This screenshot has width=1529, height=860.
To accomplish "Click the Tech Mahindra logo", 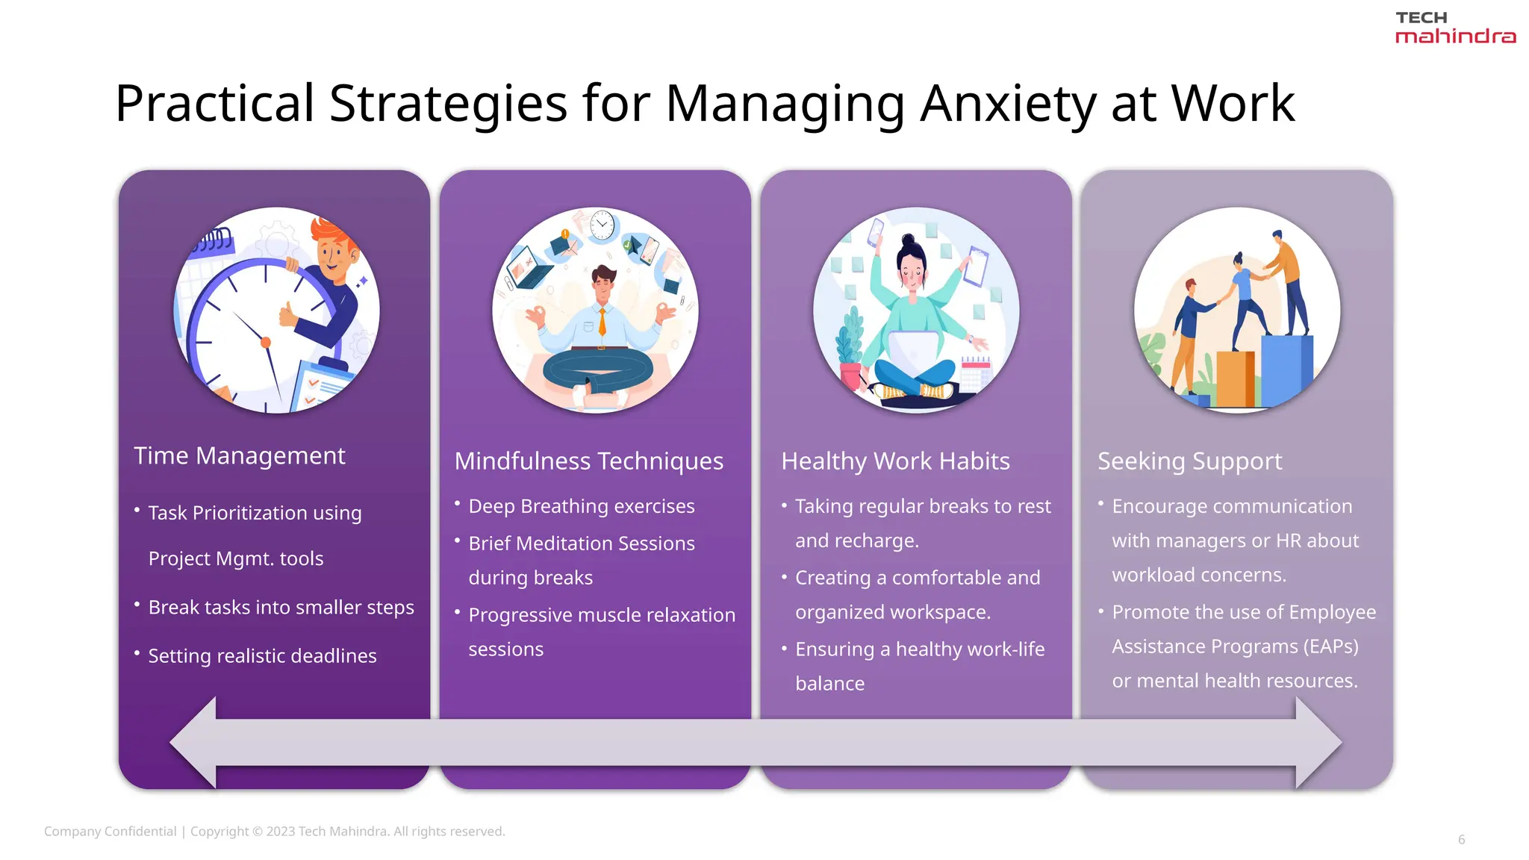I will tap(1454, 28).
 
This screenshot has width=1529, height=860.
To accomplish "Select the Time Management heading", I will tap(239, 455).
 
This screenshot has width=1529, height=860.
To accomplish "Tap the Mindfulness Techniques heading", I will tap(588, 461).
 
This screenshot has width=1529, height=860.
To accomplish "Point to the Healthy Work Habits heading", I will tap(895, 461).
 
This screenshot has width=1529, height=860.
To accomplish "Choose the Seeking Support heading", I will tap(1189, 461).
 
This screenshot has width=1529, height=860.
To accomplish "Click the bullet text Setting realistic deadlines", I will tap(262, 655).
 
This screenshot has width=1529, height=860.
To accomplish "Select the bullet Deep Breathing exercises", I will tap(581, 506).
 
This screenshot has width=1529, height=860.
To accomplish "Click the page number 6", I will tap(1461, 840).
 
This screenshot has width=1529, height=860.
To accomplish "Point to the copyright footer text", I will tap(274, 832).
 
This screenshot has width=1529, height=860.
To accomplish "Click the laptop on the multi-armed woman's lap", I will tap(915, 350).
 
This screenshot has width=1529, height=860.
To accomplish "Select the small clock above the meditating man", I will tap(602, 225).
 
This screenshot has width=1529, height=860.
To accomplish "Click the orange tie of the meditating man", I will tap(602, 320).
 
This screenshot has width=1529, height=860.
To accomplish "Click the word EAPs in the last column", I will tap(1330, 646).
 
